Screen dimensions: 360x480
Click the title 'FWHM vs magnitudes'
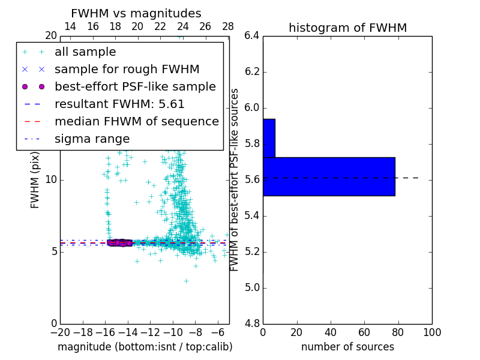[136, 13]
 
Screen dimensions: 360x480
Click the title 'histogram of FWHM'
[347, 28]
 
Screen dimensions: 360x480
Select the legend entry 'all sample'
[85, 52]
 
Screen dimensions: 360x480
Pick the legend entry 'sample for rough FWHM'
[127, 70]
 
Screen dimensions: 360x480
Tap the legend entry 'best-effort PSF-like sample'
[135, 87]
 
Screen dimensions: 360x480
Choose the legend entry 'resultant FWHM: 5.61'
[119, 104]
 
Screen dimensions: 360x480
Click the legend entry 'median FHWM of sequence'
[136, 122]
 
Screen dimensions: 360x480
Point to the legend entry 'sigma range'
[92, 139]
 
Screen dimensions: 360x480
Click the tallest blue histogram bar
[329, 176]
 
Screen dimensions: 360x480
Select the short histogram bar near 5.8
[269, 138]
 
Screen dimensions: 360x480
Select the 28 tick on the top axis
[228, 26]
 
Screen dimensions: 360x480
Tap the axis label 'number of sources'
[347, 347]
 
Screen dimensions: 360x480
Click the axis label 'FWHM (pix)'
[35, 180]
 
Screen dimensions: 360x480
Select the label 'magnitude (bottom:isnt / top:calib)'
[145, 347]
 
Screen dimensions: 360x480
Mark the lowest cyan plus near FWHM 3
[186, 281]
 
